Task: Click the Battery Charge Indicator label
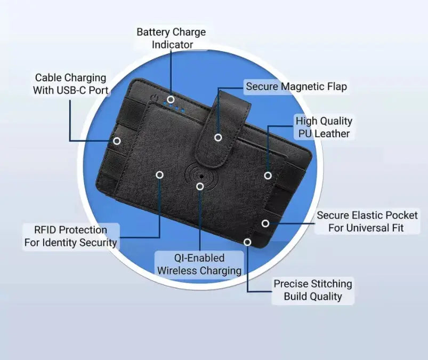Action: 171,38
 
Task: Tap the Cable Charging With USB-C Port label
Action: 70,84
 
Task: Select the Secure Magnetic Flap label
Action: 296,86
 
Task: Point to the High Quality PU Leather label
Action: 324,127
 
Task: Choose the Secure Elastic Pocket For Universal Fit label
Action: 367,221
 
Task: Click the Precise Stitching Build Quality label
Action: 313,290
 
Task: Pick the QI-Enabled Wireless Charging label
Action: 199,264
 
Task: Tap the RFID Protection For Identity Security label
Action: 71,236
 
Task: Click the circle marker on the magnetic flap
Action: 218,138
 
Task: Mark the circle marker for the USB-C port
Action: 117,141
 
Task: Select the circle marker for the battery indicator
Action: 171,99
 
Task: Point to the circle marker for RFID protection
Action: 160,175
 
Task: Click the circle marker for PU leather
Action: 268,175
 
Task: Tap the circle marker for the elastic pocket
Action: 265,223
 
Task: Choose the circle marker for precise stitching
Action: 247,242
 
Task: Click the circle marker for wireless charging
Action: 200,187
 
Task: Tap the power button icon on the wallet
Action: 155,97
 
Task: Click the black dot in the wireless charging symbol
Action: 201,177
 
